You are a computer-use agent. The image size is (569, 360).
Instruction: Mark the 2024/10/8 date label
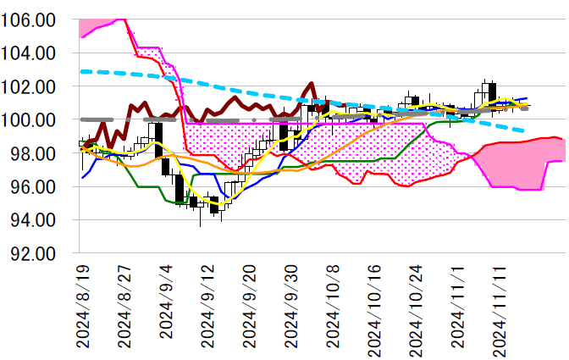(332, 305)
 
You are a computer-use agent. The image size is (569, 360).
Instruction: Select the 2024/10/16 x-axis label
(373, 302)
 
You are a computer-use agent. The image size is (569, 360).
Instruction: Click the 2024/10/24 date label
(415, 302)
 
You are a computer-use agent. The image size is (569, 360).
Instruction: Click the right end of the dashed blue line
(526, 130)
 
